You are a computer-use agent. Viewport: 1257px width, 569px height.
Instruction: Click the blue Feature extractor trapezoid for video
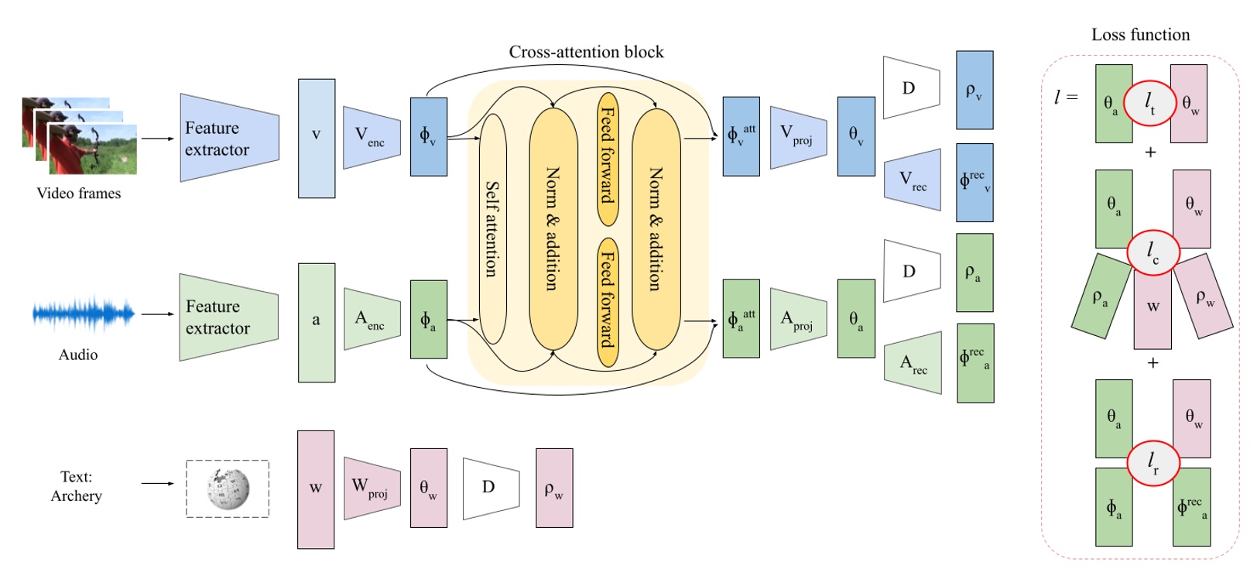pyautogui.click(x=229, y=138)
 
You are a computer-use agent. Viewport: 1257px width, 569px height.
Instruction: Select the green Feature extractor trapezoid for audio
pyautogui.click(x=228, y=317)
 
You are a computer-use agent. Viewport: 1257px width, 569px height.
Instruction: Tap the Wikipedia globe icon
pyautogui.click(x=228, y=488)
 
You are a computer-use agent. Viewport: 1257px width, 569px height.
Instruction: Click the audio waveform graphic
pyautogui.click(x=84, y=314)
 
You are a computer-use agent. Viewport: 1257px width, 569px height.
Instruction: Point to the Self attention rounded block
pyautogui.click(x=492, y=229)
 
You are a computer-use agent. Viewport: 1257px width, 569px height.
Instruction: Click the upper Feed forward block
pyautogui.click(x=608, y=159)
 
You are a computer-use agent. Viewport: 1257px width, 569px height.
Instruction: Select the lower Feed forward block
pyautogui.click(x=608, y=302)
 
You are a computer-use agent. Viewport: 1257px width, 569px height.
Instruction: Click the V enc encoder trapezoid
pyautogui.click(x=372, y=138)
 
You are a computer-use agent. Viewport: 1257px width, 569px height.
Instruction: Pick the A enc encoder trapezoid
pyautogui.click(x=372, y=319)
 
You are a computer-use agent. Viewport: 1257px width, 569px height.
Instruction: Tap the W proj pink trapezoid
pyautogui.click(x=372, y=488)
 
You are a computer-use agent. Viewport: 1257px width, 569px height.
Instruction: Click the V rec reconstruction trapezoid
pyautogui.click(x=913, y=180)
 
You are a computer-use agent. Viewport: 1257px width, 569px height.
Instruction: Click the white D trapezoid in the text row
pyautogui.click(x=491, y=488)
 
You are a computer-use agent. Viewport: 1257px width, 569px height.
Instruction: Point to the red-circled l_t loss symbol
pyautogui.click(x=1150, y=103)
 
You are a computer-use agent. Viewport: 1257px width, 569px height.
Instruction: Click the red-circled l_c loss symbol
pyautogui.click(x=1153, y=252)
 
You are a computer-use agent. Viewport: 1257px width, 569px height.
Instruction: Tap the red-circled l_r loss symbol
pyautogui.click(x=1153, y=462)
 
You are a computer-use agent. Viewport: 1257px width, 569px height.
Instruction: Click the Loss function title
pyautogui.click(x=1140, y=35)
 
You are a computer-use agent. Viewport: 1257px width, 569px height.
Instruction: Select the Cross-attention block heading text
pyautogui.click(x=586, y=52)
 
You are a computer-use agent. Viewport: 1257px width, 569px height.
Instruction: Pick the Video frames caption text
pyautogui.click(x=79, y=194)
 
